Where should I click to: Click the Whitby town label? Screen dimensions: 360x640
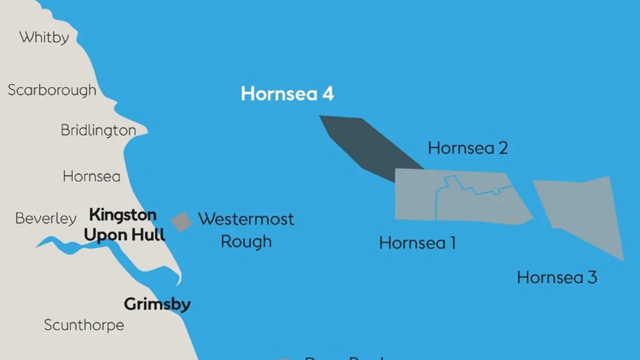click(x=44, y=38)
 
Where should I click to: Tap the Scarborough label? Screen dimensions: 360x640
click(x=52, y=90)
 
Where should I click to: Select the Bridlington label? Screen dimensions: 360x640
click(x=98, y=130)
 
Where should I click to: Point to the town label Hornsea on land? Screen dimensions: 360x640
click(x=91, y=177)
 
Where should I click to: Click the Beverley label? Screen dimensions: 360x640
click(x=46, y=219)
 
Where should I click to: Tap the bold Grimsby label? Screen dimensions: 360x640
click(x=157, y=305)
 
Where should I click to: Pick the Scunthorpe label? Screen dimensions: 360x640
click(x=84, y=325)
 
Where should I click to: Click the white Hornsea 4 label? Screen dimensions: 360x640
click(x=287, y=94)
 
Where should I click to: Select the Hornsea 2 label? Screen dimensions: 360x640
click(x=468, y=148)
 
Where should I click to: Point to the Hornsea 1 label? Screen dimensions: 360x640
click(x=417, y=243)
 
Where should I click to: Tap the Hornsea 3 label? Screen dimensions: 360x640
click(x=557, y=277)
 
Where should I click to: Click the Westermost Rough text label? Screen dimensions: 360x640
click(x=246, y=230)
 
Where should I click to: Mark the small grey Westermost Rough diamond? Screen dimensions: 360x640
click(x=181, y=222)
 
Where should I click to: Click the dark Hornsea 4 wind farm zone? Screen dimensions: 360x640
click(x=368, y=147)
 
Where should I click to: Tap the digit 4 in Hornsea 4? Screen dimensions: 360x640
click(x=327, y=94)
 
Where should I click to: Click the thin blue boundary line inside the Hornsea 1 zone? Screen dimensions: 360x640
click(x=436, y=205)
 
